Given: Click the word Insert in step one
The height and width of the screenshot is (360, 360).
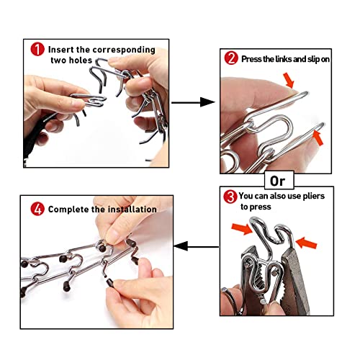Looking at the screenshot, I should (63, 50).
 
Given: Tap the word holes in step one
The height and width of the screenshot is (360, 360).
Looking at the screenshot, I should (79, 61).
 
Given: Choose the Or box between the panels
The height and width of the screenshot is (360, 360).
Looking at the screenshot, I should (275, 178).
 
